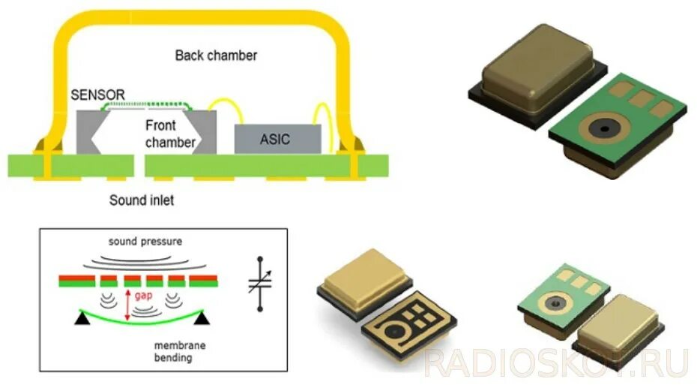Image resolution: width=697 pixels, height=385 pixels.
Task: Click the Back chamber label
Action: (216, 56)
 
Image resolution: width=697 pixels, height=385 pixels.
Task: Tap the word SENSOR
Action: (97, 95)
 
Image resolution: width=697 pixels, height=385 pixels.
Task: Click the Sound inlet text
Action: (142, 200)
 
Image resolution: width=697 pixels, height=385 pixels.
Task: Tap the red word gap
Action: (143, 297)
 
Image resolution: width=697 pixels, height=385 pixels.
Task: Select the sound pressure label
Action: (145, 242)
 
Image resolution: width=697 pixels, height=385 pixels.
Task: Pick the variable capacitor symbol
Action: (260, 284)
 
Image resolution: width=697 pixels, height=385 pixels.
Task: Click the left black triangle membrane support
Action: (79, 320)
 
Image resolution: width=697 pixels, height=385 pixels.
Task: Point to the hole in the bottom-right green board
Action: (555, 302)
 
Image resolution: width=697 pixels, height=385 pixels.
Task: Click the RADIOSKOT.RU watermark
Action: (555, 362)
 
